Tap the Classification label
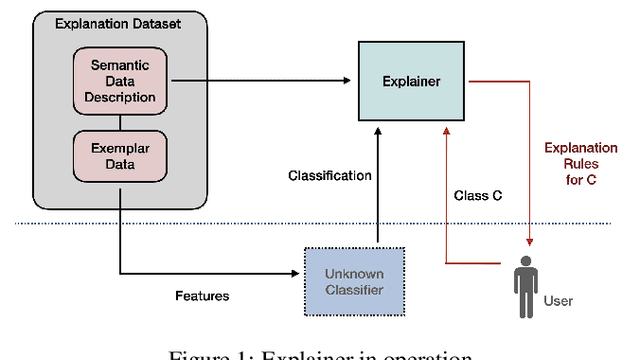click(x=329, y=175)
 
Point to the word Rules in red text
click(x=580, y=164)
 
